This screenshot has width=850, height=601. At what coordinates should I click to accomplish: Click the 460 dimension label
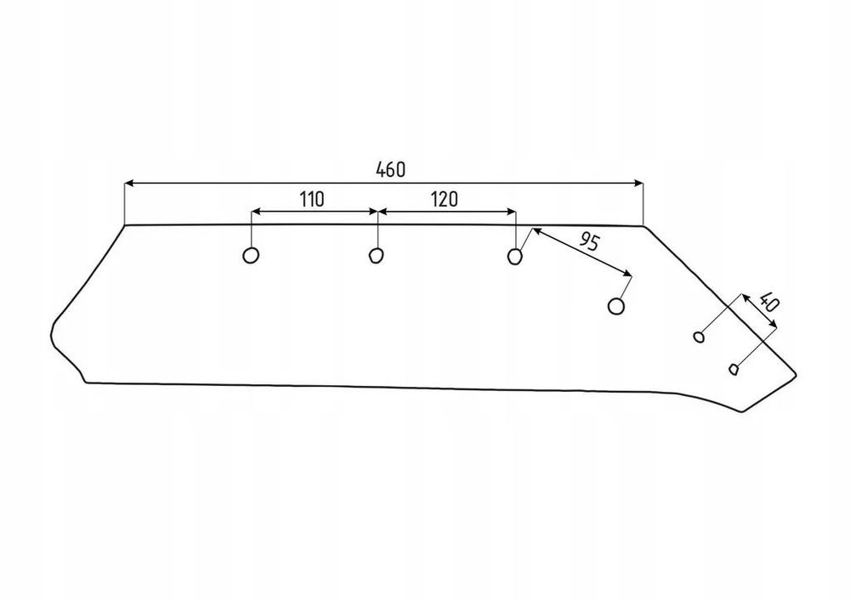pos(390,170)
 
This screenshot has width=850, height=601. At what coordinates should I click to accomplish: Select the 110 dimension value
pos(312,200)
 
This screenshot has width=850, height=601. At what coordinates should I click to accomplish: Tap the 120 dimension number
pos(445,200)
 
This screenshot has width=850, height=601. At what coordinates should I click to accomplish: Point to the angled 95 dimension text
pos(589,241)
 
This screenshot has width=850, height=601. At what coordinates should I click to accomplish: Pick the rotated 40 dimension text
pos(769,301)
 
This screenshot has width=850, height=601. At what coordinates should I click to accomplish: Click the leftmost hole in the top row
pos(251,255)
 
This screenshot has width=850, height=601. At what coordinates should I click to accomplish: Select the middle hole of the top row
pos(376,255)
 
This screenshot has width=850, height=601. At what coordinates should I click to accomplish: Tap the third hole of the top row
pos(514,256)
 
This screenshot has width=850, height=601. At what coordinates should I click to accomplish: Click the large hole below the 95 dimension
pos(615,306)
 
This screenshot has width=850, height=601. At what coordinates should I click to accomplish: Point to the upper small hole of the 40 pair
pos(700,337)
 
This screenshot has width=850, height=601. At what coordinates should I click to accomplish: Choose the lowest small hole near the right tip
pos(734,370)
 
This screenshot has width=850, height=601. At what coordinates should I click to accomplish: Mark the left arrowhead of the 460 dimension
pos(129,184)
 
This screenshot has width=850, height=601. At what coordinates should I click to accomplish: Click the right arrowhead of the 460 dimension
pos(638,184)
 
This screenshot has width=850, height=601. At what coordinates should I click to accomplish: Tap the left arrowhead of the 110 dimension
pos(255,212)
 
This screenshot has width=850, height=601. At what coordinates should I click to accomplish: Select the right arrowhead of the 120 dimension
pos(511,212)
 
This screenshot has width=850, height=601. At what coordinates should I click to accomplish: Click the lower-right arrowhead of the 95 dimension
pos(628,273)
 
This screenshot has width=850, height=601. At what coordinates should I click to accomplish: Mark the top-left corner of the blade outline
pos(125,225)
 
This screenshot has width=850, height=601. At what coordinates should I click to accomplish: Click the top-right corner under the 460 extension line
pos(643,225)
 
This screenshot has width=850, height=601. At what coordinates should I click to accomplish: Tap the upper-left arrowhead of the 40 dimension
pos(745,298)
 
